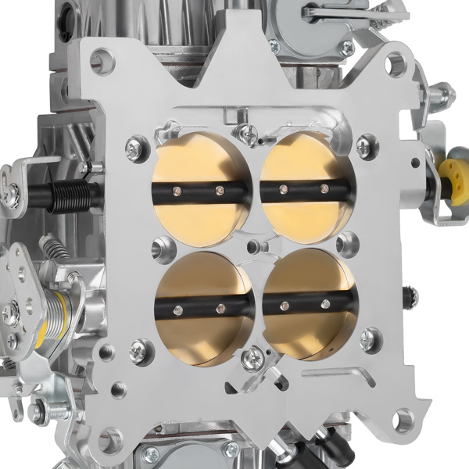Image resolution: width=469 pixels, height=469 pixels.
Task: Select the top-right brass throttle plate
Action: (x=305, y=188)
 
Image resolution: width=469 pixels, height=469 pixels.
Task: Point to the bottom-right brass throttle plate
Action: (x=310, y=305)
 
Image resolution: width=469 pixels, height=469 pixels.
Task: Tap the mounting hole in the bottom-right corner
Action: (x=403, y=421)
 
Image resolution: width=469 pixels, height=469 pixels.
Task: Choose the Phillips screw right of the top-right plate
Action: (x=364, y=145)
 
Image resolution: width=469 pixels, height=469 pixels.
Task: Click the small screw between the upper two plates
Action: (x=249, y=132)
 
